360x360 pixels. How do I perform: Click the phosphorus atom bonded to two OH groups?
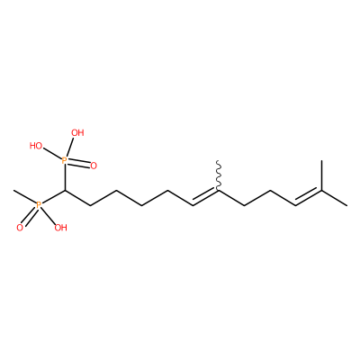click(x=65, y=161)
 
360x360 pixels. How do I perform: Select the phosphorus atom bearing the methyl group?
click(x=39, y=205)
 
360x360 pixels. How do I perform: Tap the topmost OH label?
click(x=77, y=133)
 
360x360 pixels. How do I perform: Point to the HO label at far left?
click(x=36, y=146)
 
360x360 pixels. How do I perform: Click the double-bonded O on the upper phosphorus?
click(x=94, y=166)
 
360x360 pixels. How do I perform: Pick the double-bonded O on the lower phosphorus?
click(x=20, y=228)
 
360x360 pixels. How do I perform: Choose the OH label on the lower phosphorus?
click(x=61, y=228)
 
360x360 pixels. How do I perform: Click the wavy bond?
click(x=219, y=175)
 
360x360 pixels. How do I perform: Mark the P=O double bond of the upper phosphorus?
click(x=79, y=164)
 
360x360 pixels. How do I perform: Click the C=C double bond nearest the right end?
click(x=309, y=198)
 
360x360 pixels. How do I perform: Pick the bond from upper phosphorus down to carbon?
click(x=65, y=177)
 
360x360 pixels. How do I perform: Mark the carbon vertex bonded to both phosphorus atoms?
click(x=65, y=191)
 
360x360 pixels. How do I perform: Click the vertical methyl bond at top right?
click(x=321, y=175)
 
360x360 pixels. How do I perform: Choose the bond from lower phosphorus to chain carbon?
click(x=53, y=198)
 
